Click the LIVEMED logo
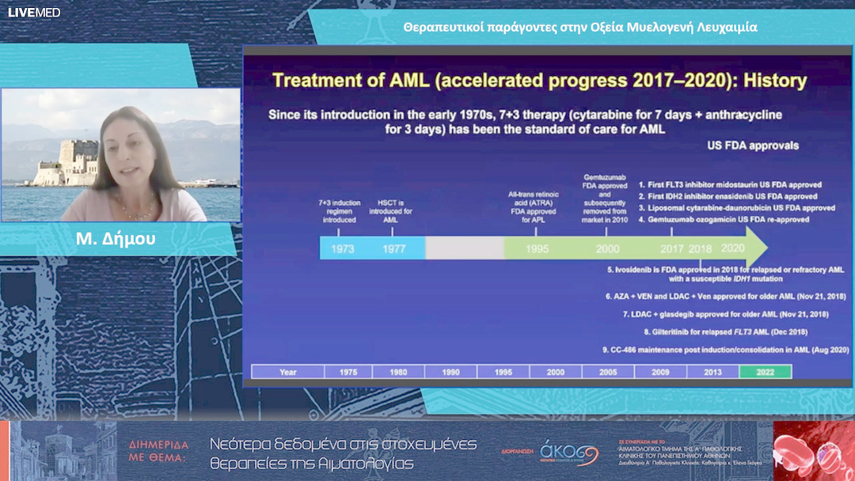pyautogui.click(x=34, y=13)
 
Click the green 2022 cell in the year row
pyautogui.click(x=765, y=372)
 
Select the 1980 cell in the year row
pyautogui.click(x=398, y=372)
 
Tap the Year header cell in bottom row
pyautogui.click(x=287, y=372)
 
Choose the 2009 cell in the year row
pyautogui.click(x=660, y=372)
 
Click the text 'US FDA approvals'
pyautogui.click(x=752, y=146)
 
